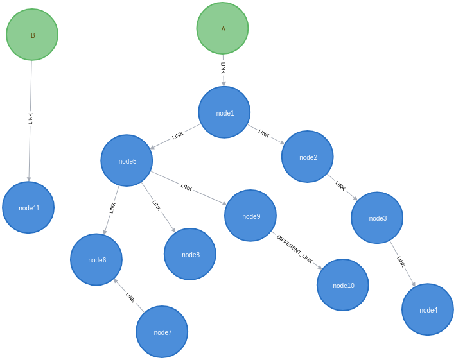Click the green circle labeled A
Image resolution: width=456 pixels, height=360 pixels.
click(x=222, y=28)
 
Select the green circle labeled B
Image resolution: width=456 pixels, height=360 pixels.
click(x=32, y=35)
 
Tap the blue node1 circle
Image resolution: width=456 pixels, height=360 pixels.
click(x=224, y=112)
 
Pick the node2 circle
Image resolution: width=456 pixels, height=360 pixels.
click(x=308, y=157)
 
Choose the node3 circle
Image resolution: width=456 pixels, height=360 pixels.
click(x=377, y=218)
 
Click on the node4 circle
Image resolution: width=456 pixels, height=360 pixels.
click(x=428, y=309)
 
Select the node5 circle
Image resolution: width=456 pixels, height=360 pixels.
click(x=127, y=160)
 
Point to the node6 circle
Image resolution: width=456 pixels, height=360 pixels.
click(x=96, y=259)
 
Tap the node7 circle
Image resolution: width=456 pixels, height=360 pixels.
click(x=162, y=332)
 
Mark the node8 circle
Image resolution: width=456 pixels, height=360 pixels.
click(x=190, y=254)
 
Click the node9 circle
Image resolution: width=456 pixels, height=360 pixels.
click(x=250, y=216)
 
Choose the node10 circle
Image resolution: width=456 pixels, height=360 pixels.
click(x=343, y=285)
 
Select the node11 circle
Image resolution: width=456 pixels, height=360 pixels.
click(x=28, y=207)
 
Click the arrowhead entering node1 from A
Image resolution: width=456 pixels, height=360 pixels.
click(x=224, y=83)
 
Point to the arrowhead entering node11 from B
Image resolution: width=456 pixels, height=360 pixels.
click(x=29, y=178)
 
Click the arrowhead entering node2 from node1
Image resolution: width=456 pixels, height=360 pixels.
click(x=281, y=142)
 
